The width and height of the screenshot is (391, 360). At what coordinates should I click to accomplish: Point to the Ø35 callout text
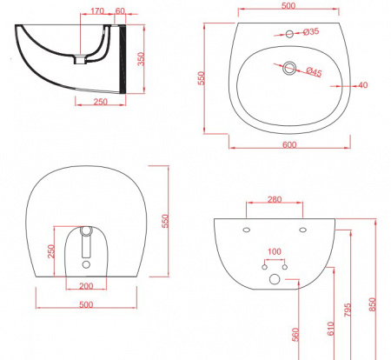tap(310, 32)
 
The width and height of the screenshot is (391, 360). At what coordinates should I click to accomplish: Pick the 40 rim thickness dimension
tap(361, 85)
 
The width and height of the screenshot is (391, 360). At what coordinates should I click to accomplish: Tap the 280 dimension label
tap(275, 200)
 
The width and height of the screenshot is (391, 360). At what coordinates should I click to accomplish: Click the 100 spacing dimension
tap(275, 252)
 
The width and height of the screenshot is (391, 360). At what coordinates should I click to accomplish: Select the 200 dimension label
tap(85, 286)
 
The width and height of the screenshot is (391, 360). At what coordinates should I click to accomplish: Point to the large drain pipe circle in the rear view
tap(275, 279)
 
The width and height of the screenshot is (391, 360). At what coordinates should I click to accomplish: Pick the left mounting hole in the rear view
tap(247, 230)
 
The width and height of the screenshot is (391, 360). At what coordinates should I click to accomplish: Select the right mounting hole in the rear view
tap(302, 230)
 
